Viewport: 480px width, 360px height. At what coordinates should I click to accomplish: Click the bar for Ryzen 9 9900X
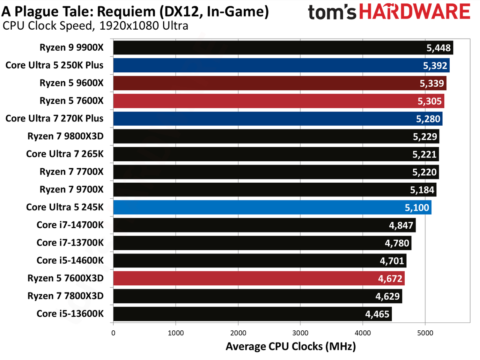coord(283,48)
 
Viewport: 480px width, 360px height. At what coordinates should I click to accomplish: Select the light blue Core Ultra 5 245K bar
coord(272,207)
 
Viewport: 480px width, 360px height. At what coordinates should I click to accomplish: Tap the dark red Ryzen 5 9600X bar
coord(280,83)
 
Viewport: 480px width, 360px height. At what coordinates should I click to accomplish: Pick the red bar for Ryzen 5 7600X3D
coord(259,278)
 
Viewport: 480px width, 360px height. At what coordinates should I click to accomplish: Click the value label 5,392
coord(435,66)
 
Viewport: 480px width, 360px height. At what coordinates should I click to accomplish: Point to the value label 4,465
coord(377,314)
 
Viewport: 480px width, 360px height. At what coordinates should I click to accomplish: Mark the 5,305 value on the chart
coord(430,101)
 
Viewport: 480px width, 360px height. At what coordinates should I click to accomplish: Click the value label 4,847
coord(401,225)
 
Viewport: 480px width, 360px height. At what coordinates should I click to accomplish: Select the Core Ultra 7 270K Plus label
coord(54,118)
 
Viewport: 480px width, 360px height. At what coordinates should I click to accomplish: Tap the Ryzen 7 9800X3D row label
coord(65,136)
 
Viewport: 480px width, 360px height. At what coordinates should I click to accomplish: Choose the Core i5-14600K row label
coord(70,260)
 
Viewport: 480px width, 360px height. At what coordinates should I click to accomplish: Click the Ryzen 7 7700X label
coord(71,172)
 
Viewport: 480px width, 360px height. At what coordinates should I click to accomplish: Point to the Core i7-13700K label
coord(70,243)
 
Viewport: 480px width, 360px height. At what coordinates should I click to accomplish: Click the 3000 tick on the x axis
coord(300,333)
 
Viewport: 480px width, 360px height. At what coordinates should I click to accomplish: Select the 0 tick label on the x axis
coord(113,333)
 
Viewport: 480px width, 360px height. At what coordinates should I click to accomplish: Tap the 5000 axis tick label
coord(425,333)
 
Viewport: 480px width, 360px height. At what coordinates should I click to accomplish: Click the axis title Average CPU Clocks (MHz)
coord(291,346)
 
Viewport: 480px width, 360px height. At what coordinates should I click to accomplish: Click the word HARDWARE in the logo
coord(415,12)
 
